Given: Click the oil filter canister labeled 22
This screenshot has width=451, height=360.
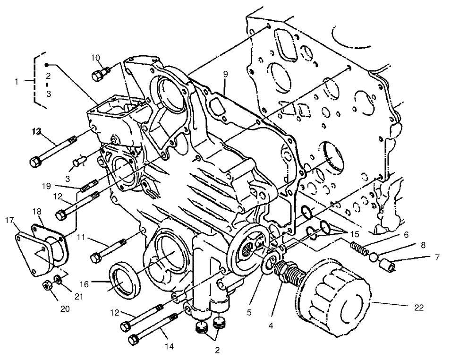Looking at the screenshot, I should coord(333,297).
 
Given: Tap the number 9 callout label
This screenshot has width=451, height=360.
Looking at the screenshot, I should coord(225,74).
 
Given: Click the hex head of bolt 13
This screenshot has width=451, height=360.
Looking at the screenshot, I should coord(35,162).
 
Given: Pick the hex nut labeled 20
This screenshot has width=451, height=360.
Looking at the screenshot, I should coord(47,285).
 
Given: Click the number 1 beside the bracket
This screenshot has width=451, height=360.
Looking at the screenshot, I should coord(17,81).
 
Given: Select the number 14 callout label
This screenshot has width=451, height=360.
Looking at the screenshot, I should coord(170,346).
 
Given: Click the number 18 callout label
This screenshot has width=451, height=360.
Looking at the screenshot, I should coord(37,210).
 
